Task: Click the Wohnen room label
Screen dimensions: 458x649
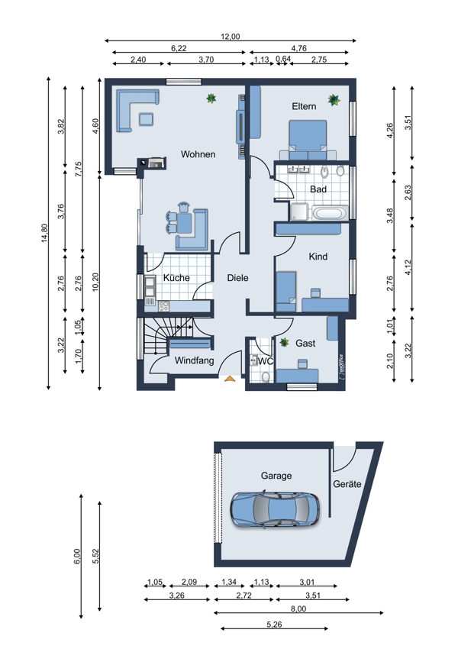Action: (198, 154)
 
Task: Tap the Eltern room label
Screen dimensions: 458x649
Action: (304, 106)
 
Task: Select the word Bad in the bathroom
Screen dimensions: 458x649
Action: (318, 189)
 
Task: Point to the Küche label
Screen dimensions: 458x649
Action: (176, 277)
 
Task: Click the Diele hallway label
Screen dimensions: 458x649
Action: (237, 278)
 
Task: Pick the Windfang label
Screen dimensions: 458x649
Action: (194, 360)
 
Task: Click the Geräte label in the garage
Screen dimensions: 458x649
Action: (347, 484)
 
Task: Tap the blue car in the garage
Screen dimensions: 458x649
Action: (275, 509)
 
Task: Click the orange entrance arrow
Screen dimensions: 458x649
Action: (229, 378)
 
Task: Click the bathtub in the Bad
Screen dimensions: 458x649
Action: (330, 213)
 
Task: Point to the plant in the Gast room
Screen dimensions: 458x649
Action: (284, 342)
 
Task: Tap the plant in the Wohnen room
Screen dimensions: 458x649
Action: (211, 98)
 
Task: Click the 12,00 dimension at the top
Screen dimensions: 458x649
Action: (230, 37)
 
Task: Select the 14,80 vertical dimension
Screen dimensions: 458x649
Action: (45, 233)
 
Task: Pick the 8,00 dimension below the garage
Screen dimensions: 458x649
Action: (298, 609)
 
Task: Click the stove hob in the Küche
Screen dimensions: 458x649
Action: (163, 306)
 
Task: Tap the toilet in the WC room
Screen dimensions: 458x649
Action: (266, 376)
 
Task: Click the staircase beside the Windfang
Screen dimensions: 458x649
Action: (168, 335)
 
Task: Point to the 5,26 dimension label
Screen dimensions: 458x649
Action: (274, 625)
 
